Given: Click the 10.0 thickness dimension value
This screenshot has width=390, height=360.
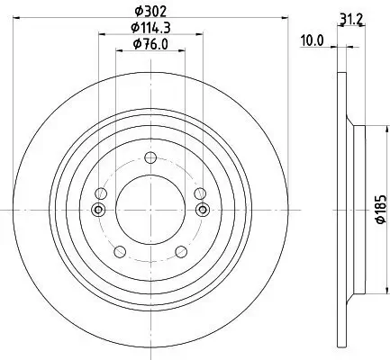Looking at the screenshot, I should click(x=312, y=40).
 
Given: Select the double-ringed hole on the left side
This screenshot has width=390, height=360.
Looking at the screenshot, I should click(x=98, y=210).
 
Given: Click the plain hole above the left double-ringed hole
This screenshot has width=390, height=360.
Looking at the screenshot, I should click(x=101, y=194).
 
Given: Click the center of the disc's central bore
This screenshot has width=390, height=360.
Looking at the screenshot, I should click(x=150, y=210).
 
